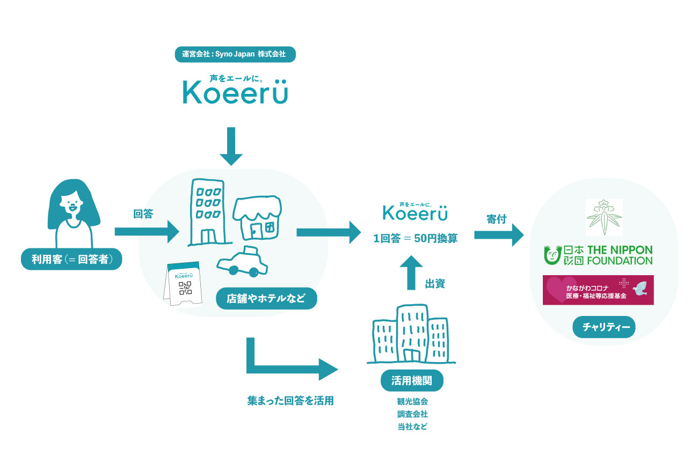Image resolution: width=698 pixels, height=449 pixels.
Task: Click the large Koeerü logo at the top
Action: (235, 92)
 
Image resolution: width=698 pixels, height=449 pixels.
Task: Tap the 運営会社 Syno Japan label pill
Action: (235, 54)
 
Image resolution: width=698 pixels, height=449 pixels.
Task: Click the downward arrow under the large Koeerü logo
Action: (231, 146)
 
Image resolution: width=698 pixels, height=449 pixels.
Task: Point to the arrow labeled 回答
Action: (146, 232)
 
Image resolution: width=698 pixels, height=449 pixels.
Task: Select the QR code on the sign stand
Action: (185, 288)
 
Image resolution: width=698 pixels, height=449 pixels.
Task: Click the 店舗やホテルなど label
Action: (266, 299)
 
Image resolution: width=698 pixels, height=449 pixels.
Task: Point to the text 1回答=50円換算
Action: (416, 239)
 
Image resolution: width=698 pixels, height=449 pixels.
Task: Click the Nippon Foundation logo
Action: (598, 255)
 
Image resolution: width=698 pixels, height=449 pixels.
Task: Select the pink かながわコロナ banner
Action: (598, 290)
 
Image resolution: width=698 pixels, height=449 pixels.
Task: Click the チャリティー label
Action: (604, 327)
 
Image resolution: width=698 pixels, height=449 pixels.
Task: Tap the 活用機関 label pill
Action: (412, 380)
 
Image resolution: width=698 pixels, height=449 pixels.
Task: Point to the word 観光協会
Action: (412, 401)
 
